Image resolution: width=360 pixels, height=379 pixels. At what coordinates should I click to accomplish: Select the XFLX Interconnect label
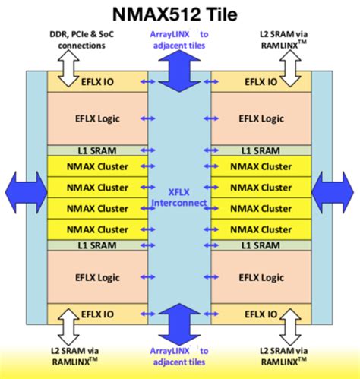[179, 197]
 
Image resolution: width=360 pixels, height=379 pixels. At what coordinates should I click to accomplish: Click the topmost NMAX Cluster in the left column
[98, 166]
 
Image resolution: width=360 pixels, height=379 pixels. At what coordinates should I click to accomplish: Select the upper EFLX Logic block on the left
[98, 118]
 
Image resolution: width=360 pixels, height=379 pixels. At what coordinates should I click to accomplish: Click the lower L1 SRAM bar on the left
[98, 245]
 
